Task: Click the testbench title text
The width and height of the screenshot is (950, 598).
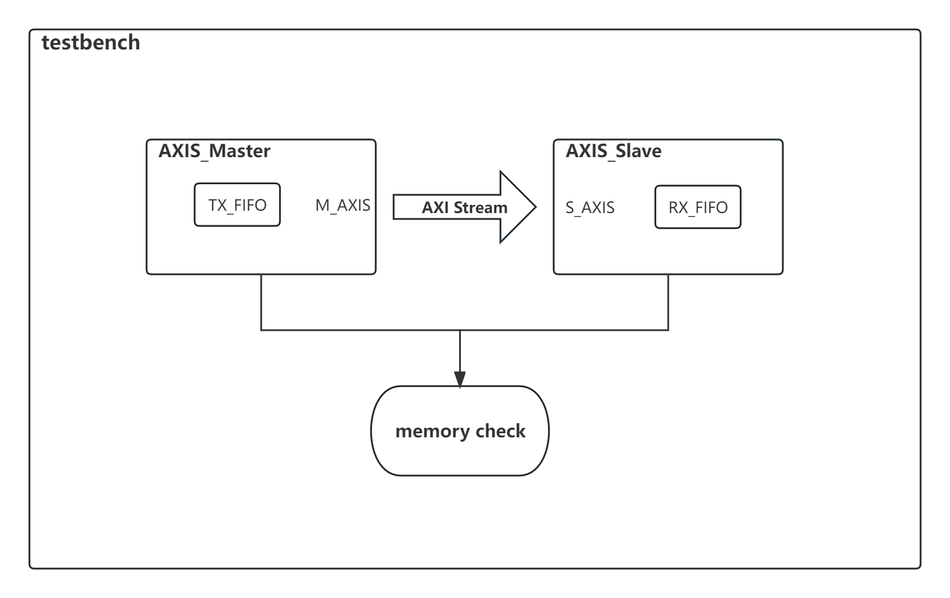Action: click(91, 42)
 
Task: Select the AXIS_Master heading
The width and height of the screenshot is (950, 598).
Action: click(214, 151)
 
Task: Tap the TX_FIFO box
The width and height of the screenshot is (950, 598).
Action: click(237, 205)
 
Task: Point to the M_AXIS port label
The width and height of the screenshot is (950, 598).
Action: click(343, 205)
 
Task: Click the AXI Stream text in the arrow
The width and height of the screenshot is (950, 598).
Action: click(464, 208)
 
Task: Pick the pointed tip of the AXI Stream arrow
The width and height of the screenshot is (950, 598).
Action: click(534, 207)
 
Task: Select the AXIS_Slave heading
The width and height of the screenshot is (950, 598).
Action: click(613, 151)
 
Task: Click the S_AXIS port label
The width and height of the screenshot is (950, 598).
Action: click(590, 208)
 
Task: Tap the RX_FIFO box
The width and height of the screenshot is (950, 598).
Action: click(697, 207)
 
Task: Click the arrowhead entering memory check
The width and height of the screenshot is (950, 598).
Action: click(460, 379)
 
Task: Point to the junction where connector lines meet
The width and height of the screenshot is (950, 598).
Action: click(460, 330)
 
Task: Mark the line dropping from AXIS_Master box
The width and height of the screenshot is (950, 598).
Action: click(261, 301)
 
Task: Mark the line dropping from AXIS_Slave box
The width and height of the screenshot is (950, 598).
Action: click(668, 301)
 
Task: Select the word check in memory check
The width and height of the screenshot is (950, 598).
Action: click(500, 431)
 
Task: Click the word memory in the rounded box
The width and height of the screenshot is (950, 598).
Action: click(433, 431)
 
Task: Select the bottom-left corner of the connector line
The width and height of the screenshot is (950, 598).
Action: click(261, 330)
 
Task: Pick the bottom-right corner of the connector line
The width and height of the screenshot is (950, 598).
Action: click(668, 330)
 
